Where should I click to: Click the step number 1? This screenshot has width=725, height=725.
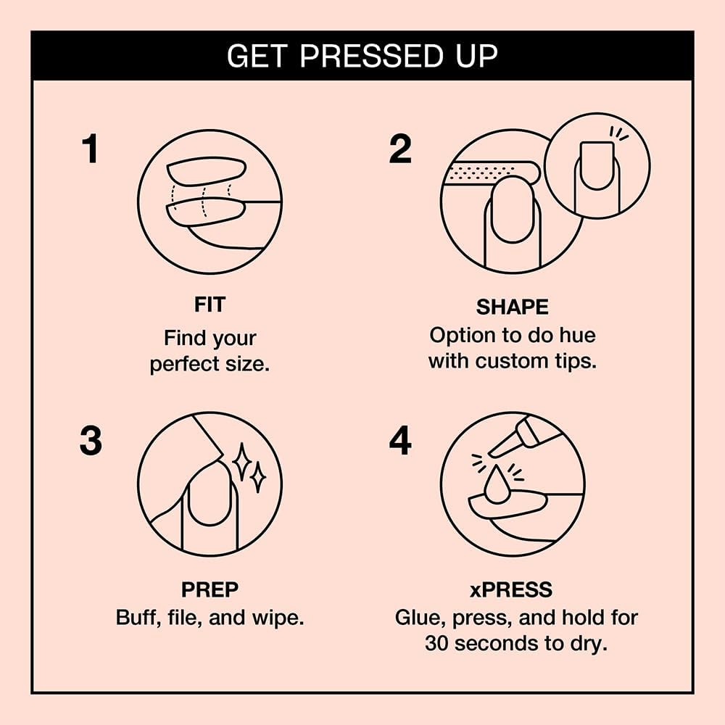click(90, 149)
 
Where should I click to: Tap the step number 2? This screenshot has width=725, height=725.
click(400, 149)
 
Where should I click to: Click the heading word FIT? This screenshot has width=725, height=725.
click(210, 305)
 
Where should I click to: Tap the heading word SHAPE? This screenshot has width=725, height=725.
click(512, 307)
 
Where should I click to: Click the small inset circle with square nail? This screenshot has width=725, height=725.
click(597, 166)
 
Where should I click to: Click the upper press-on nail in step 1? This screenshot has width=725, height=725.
click(206, 171)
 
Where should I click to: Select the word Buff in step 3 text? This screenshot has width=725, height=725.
click(136, 618)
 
